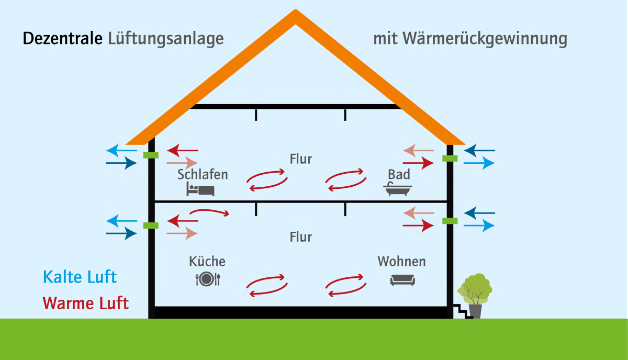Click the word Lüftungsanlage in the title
click(166, 39)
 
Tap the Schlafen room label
click(203, 174)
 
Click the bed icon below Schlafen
click(200, 190)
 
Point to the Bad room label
click(399, 174)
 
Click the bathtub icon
click(399, 189)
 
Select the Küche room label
click(207, 261)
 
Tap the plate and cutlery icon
click(208, 279)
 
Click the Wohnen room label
click(402, 261)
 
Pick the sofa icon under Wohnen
click(402, 280)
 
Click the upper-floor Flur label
click(300, 158)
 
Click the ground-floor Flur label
click(300, 237)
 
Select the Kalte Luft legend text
click(80, 277)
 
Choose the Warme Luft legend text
click(86, 303)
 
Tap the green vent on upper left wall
click(151, 155)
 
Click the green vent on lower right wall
click(450, 221)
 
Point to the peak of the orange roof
click(296, 14)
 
